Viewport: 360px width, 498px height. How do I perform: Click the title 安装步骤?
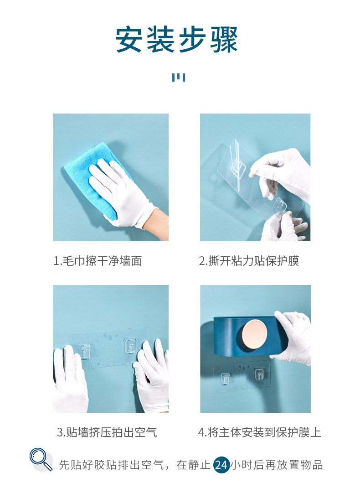tap(176, 39)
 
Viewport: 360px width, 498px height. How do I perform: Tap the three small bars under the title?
tap(179, 77)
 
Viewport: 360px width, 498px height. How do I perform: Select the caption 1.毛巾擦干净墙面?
tap(98, 261)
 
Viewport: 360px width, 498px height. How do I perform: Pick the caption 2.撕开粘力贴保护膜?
tap(249, 261)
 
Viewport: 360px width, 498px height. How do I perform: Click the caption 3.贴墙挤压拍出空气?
tap(107, 432)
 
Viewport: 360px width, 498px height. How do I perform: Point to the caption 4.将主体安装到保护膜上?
tap(259, 432)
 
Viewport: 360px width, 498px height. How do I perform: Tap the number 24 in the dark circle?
tap(221, 465)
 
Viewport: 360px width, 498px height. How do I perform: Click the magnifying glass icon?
tap(41, 459)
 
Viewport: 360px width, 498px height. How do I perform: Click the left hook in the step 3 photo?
tap(84, 352)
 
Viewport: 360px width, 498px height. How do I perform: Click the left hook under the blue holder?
tap(225, 379)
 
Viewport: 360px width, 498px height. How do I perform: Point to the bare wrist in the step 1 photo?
tap(157, 224)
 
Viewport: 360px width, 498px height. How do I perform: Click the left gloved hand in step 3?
tap(69, 379)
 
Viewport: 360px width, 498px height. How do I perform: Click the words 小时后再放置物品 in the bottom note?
tap(277, 465)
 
